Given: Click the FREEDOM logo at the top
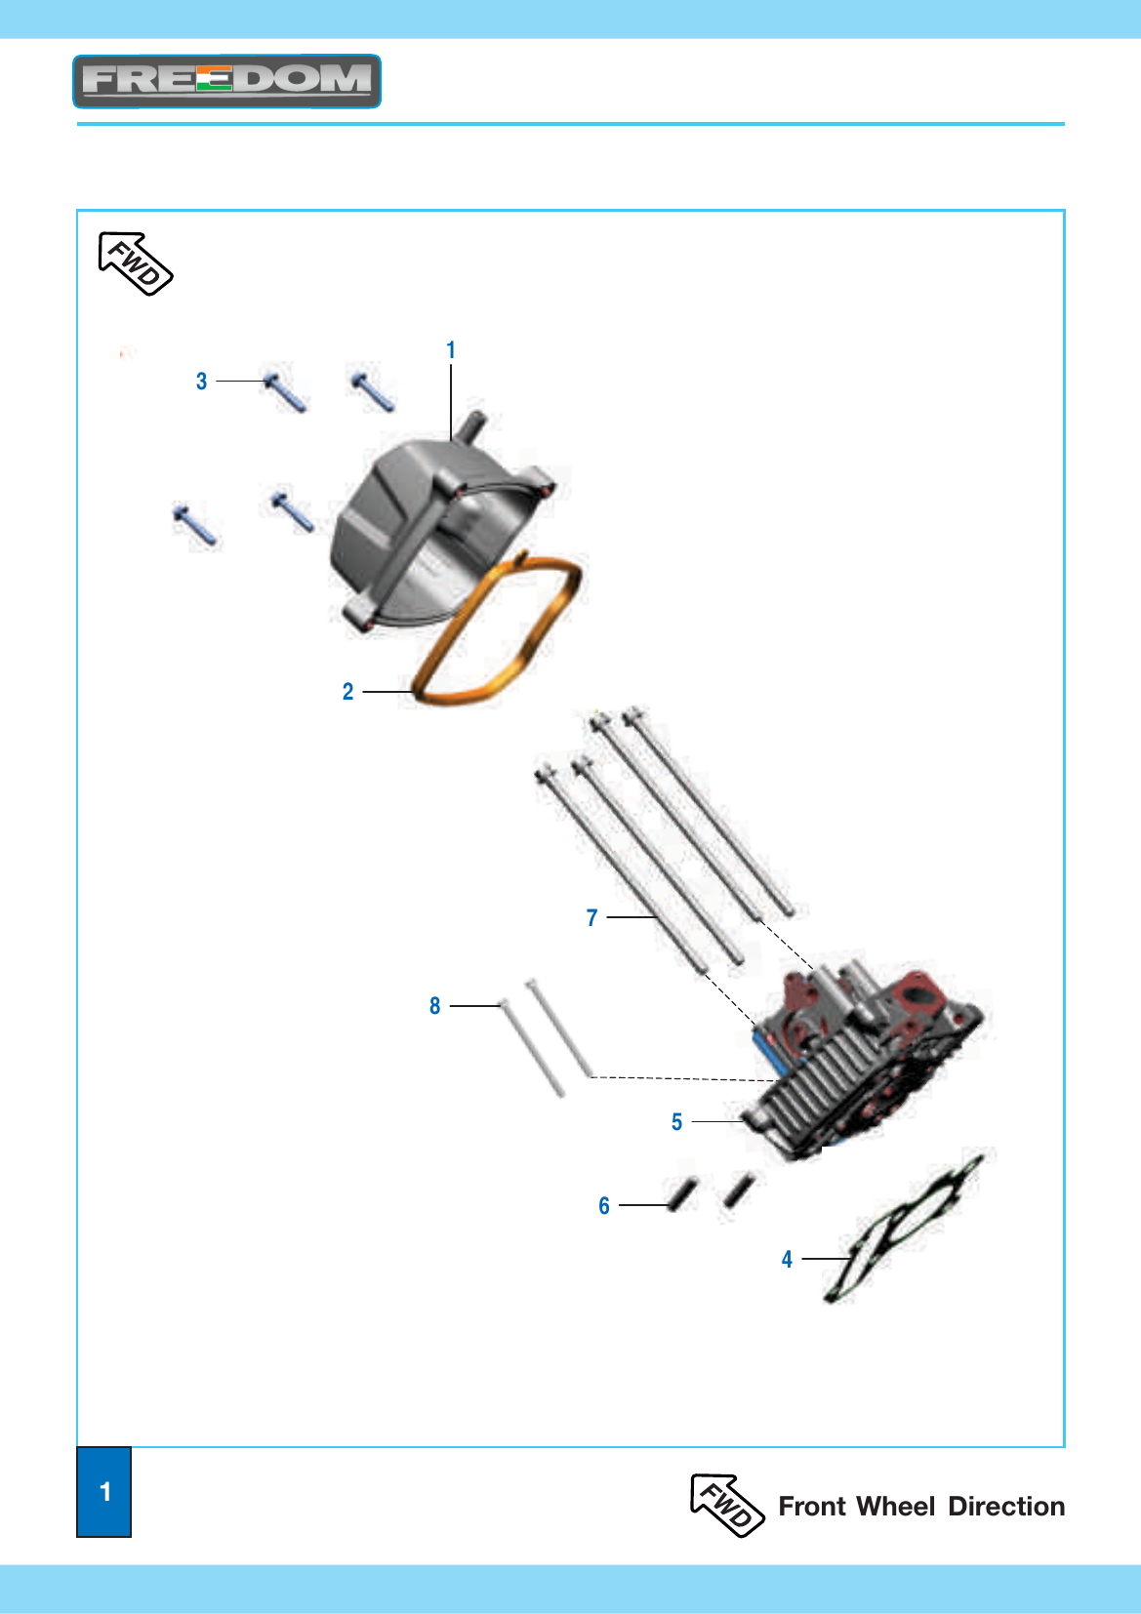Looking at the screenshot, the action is pos(227,81).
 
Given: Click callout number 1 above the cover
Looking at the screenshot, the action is pos(451,350).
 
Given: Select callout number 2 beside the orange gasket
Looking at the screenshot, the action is pos(348,692).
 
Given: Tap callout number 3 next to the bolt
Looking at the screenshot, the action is pos(202,382).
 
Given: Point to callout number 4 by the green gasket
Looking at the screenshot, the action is pos(787,1259).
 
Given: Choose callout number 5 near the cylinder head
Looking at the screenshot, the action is pos(676,1122).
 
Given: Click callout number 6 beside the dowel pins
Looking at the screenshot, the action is pos(604,1205).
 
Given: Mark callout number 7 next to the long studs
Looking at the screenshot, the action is pos(591,918).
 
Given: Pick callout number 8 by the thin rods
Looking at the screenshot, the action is pos(434,1006).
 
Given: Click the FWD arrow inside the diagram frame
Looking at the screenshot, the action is pos(135,263).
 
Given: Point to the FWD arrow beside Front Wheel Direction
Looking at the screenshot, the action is pos(726,1506).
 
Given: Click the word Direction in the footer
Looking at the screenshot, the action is pos(1006,1507).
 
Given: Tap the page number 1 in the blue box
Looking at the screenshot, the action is pos(105,1491).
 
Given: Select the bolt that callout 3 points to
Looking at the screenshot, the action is pos(285,393).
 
